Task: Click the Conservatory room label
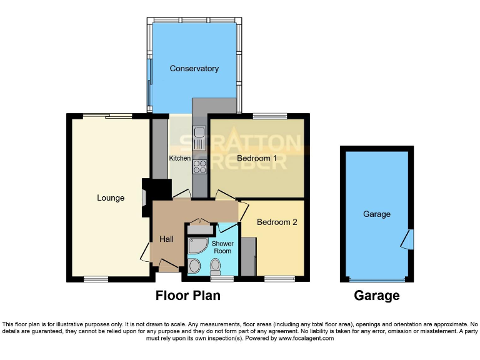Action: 194,68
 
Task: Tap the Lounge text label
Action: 111,198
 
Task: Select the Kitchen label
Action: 179,159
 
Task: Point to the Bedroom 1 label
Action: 257,158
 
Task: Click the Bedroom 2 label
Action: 277,222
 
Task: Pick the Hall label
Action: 166,239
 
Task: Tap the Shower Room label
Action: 222,247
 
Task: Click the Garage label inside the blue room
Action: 376,214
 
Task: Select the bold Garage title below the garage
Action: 376,296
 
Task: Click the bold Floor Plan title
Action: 187,296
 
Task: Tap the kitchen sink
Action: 200,138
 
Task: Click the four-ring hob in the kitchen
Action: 200,166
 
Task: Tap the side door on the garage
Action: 409,239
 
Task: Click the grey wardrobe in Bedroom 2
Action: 247,257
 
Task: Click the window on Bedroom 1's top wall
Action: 270,116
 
